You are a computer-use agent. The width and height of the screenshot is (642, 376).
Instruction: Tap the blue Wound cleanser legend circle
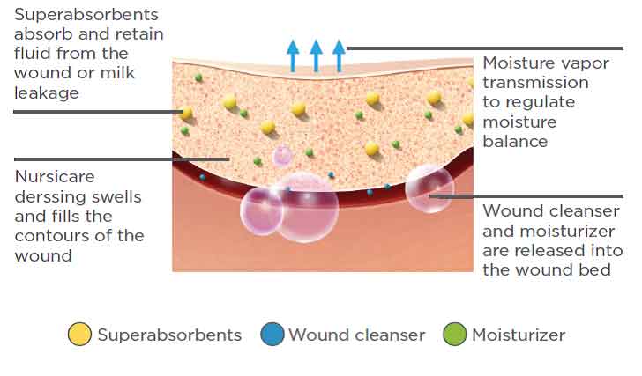tap(272, 335)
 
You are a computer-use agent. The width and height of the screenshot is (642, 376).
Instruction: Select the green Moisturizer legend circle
tap(456, 335)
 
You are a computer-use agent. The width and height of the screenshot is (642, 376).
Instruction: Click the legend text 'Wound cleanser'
tap(357, 335)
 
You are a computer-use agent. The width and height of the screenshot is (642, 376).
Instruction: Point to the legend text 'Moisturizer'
tap(519, 335)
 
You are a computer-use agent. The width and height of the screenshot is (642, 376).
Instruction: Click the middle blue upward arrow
tap(316, 55)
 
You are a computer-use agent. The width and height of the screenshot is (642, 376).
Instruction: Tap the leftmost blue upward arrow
tap(293, 55)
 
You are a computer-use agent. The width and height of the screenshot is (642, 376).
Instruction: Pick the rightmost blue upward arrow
tap(339, 55)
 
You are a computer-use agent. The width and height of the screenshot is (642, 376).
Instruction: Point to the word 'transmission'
tap(535, 84)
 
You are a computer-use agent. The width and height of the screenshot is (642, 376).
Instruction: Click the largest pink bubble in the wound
tap(306, 208)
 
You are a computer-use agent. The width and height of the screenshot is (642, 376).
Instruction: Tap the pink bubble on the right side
tap(429, 188)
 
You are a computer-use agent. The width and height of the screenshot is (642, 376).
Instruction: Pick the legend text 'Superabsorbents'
tap(169, 335)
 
